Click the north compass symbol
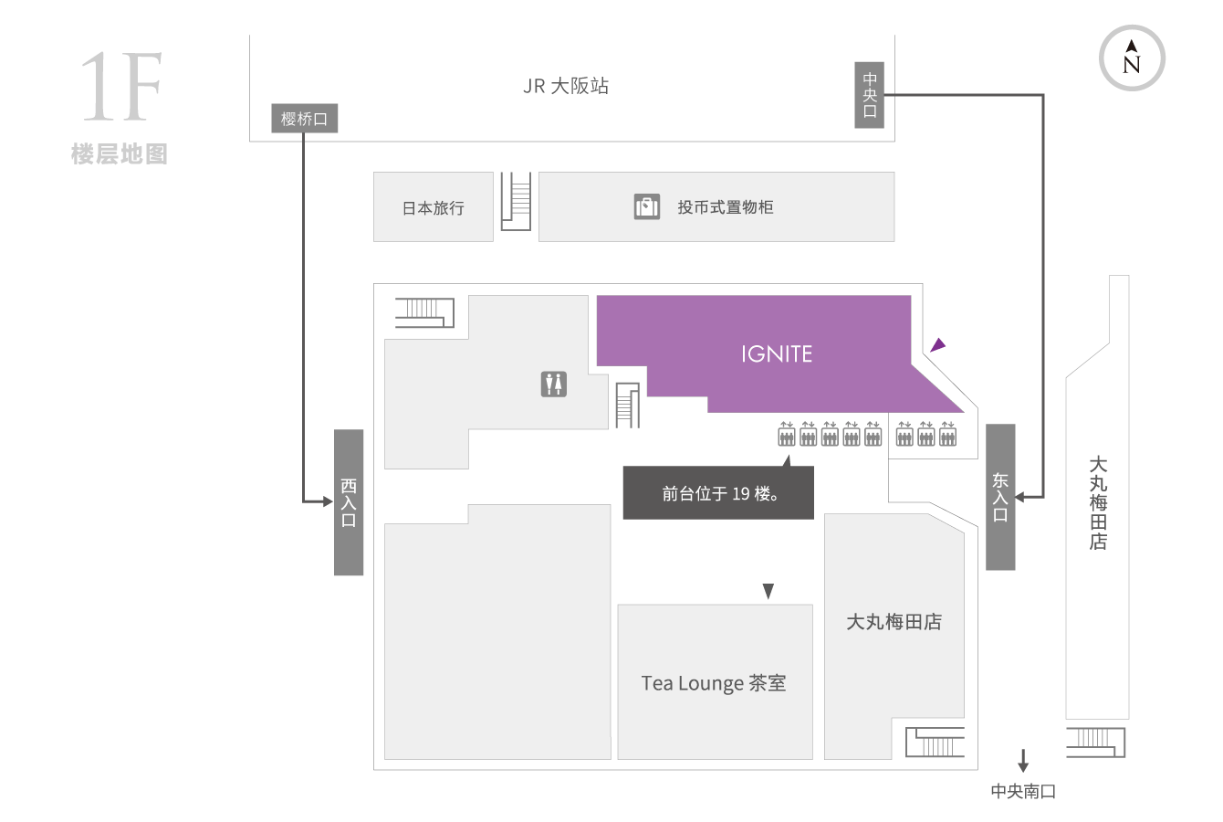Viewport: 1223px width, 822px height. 1132,58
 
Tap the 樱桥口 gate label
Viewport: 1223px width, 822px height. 304,118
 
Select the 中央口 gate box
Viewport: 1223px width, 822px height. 869,95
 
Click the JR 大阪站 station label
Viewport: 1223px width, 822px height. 566,86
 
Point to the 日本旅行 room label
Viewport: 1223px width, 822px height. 433,207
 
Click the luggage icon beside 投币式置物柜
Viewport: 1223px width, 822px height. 646,206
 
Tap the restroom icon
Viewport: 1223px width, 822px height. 554,384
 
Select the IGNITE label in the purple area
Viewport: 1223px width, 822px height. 777,354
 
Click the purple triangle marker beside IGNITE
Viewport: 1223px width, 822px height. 937,345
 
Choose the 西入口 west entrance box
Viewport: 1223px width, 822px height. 349,502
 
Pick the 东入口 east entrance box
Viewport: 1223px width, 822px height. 1000,497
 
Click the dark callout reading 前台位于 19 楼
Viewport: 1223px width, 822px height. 718,492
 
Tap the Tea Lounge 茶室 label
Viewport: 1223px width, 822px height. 714,683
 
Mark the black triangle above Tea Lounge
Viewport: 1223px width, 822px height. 768,590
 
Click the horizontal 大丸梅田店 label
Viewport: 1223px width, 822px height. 894,621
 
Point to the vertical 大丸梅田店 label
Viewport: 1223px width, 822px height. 1098,503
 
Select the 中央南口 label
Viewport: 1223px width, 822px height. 1023,791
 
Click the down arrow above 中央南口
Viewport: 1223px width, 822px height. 1023,760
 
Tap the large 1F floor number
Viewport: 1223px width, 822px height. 121,87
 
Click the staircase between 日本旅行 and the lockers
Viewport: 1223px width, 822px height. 516,201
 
